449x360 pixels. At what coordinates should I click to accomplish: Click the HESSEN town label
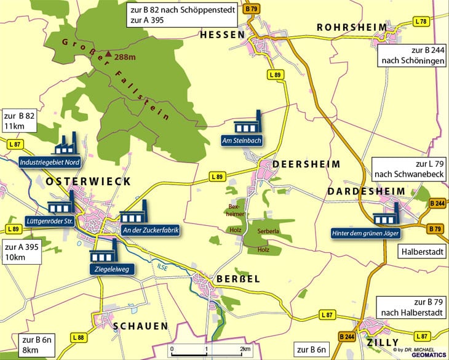(x=223, y=35)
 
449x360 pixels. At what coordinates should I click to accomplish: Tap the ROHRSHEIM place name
(x=352, y=28)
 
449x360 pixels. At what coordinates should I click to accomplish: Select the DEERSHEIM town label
(x=297, y=165)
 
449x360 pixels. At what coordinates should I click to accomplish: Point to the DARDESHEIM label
(x=365, y=192)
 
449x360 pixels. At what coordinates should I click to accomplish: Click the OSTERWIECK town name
(x=88, y=182)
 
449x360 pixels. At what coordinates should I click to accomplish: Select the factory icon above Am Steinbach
(x=250, y=123)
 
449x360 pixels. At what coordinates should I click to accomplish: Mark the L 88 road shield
(x=78, y=337)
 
